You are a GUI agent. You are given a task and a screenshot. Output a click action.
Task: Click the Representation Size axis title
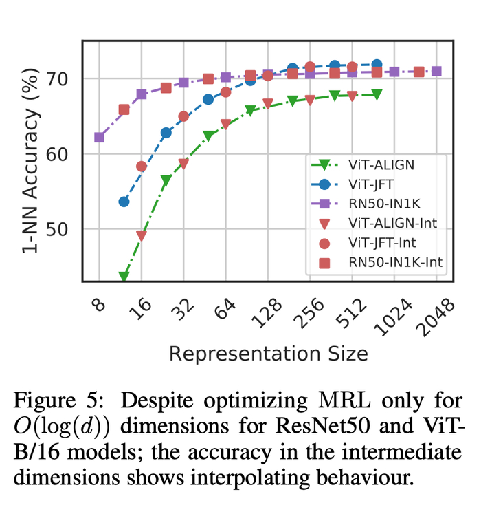268,354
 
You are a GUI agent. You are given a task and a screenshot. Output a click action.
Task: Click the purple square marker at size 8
100,138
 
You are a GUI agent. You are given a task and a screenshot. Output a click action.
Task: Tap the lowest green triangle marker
124,277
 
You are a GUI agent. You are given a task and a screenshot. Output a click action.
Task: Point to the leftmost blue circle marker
124,202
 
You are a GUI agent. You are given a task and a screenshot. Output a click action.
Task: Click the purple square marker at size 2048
436,72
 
